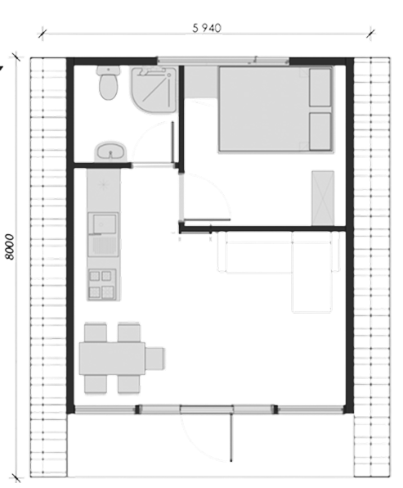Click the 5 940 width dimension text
[x=207, y=28]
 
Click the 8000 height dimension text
[x=11, y=246]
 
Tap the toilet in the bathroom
[x=108, y=83]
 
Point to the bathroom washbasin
[x=110, y=151]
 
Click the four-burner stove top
[x=102, y=284]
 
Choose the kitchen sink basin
[x=103, y=223]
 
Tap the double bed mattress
[x=275, y=109]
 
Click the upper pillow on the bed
[x=320, y=88]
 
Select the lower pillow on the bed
[x=320, y=132]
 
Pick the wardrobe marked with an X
[x=323, y=198]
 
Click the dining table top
[x=112, y=358]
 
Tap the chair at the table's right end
[x=154, y=358]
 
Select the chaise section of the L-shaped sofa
[x=311, y=273]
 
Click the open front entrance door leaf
[x=231, y=437]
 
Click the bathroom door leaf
[x=172, y=142]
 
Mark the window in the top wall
[x=222, y=61]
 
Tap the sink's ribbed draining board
[x=103, y=246]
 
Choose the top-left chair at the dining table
[x=96, y=332]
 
